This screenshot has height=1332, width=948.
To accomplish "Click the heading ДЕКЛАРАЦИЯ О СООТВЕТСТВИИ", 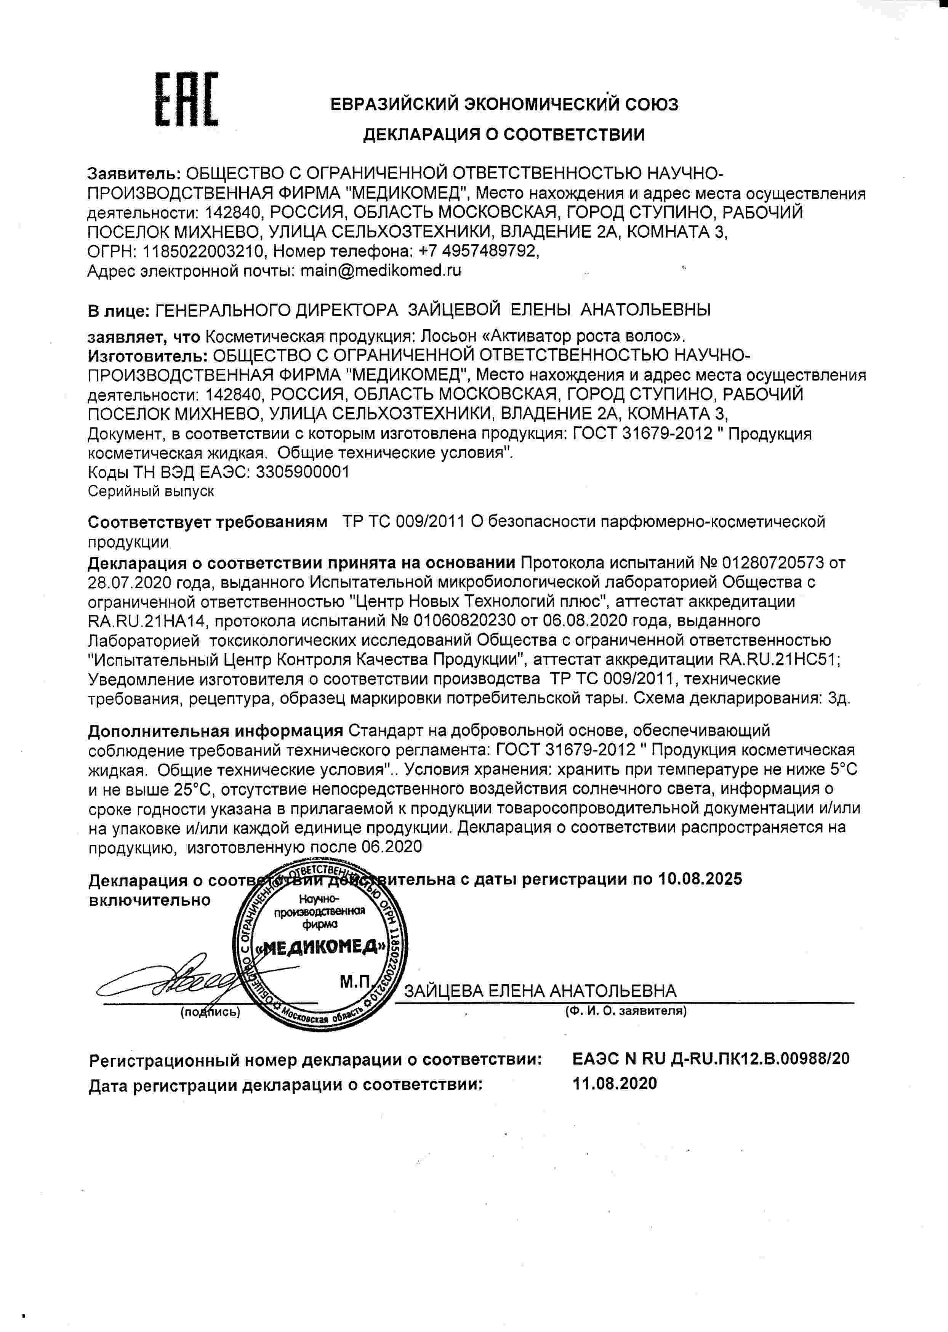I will click(x=504, y=135).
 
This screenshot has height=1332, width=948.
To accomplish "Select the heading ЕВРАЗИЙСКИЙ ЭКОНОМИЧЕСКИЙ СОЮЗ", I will click(x=504, y=104).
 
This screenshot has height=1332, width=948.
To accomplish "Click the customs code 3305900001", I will click(x=303, y=472).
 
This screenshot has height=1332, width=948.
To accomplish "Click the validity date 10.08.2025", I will click(x=700, y=879).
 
